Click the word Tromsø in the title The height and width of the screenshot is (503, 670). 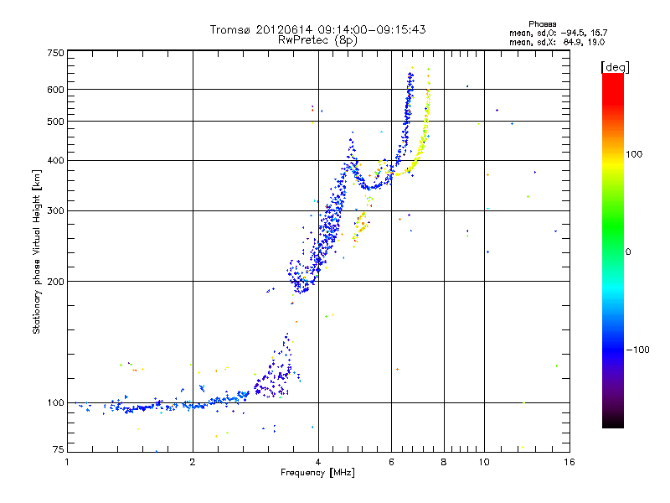tap(229, 29)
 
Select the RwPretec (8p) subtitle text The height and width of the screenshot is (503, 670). tap(317, 39)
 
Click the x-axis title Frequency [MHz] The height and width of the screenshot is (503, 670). tap(317, 473)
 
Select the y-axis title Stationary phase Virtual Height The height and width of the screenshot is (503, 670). tap(37, 252)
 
